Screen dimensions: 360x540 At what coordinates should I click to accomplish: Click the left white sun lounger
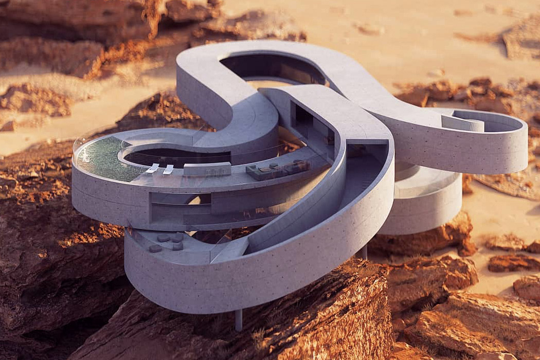coord(152,168)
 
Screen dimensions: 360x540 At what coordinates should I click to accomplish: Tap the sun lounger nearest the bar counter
coord(168,169)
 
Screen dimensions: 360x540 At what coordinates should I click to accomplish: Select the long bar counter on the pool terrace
coord(207,169)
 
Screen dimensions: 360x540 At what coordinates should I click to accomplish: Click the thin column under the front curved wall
coord(239,319)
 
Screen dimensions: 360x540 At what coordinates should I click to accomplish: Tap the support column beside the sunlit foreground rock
coord(364,252)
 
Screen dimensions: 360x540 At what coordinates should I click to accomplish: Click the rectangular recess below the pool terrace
coord(180,208)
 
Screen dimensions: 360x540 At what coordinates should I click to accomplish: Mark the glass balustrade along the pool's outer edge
coord(82,149)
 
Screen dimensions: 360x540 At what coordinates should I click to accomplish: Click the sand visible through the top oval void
coord(267,84)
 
